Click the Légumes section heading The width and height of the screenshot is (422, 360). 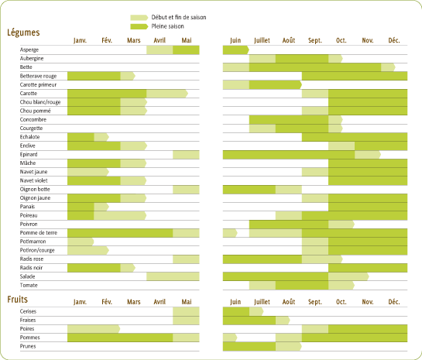[x=23, y=33]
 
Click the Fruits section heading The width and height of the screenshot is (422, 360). [x=18, y=299]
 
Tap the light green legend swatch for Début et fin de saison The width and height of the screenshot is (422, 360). [x=139, y=18]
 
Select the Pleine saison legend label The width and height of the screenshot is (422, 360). [x=168, y=26]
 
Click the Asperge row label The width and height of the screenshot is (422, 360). [x=29, y=50]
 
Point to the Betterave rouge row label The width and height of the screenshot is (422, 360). [x=38, y=76]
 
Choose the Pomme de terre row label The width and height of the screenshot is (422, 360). [x=39, y=233]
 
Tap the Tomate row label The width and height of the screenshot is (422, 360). [x=29, y=285]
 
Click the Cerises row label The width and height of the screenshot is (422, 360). [x=28, y=311]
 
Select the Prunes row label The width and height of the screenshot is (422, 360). [x=28, y=346]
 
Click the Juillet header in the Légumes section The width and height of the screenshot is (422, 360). [x=262, y=40]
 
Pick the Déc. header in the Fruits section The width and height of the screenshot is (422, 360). [x=394, y=302]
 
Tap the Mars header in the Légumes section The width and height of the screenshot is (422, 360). [x=134, y=40]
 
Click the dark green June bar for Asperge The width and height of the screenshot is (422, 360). [x=236, y=50]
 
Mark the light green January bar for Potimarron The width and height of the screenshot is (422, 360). [x=81, y=242]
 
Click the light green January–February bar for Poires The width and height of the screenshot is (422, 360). [x=94, y=329]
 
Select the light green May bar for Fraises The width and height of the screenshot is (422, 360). [x=186, y=321]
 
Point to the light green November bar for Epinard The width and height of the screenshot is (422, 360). [x=368, y=155]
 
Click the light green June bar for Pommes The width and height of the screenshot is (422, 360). [x=230, y=338]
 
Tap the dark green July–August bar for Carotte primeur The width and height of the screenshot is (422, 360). [x=276, y=85]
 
